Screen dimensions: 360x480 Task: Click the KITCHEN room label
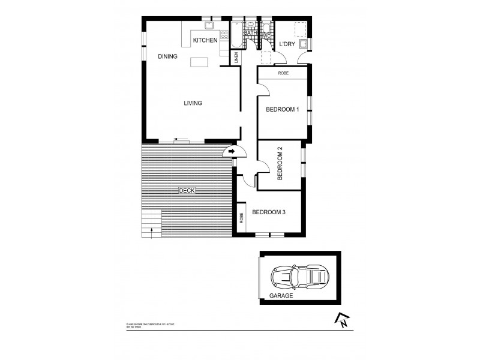[x=205, y=40]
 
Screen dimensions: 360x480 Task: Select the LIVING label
[x=193, y=103]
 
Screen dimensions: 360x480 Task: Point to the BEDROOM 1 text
[x=282, y=109]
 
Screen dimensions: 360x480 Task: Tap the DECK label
[x=187, y=191]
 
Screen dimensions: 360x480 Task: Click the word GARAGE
[x=281, y=296]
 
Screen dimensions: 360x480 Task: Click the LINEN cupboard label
[x=237, y=58]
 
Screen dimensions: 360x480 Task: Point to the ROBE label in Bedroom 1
[x=283, y=73]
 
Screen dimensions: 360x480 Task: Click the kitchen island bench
[x=199, y=62]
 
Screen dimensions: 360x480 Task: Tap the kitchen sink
[x=209, y=25]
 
